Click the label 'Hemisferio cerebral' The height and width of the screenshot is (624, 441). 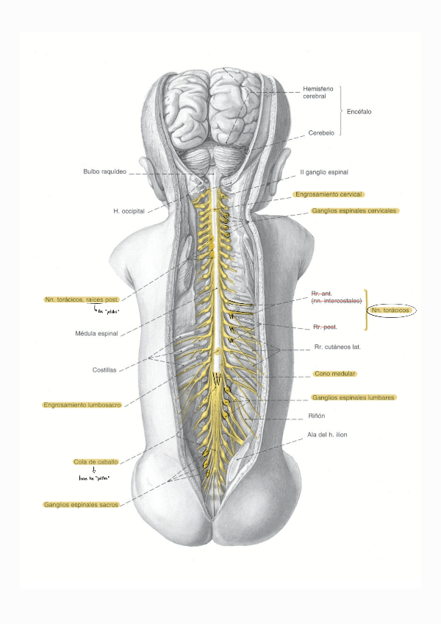click(319, 92)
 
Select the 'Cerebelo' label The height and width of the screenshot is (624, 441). click(320, 133)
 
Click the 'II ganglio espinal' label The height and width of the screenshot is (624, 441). click(323, 172)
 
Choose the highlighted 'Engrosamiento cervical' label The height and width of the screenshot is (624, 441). click(329, 194)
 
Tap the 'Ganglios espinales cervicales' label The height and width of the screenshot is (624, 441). click(354, 210)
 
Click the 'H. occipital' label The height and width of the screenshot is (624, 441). click(128, 211)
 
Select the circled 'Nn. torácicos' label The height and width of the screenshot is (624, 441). click(390, 311)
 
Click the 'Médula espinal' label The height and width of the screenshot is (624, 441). click(96, 333)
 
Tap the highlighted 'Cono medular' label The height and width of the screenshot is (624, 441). click(334, 374)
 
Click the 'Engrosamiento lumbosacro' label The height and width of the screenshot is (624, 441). click(81, 405)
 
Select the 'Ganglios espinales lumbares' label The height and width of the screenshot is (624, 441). click(353, 397)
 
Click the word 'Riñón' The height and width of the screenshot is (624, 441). click(317, 416)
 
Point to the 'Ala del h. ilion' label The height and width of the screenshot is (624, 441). click(327, 435)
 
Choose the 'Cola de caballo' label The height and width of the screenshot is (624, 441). click(96, 461)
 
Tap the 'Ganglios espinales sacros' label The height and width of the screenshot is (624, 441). click(80, 505)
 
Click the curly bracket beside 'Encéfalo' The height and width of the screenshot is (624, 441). click(341, 111)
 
